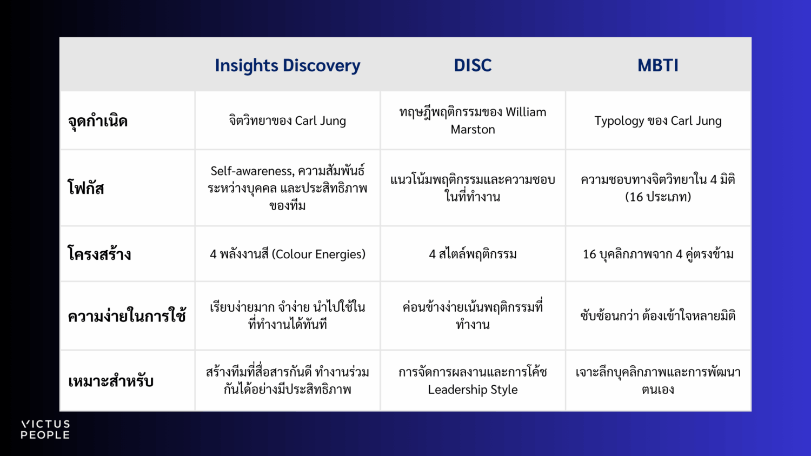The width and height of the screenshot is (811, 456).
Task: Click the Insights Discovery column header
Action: coord(288,65)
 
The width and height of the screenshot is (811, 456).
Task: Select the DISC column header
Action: coord(473,65)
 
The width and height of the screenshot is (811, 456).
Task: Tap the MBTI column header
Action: coord(658,65)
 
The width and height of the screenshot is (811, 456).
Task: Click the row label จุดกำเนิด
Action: coord(98,121)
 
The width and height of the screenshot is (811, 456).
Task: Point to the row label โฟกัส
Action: coord(86,188)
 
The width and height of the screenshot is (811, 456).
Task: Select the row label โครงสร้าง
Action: coord(99,253)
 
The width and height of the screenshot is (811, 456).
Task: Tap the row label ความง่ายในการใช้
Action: coord(127,316)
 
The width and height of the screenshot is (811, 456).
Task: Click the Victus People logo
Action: coord(45,430)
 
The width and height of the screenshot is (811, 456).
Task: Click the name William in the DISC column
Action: coord(526,112)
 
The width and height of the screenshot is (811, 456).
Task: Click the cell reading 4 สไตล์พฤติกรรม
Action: coord(473,254)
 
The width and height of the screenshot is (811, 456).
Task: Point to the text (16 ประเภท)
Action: coord(658,197)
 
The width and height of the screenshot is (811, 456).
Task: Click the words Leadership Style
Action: coord(473,390)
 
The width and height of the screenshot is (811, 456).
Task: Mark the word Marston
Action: coord(473,130)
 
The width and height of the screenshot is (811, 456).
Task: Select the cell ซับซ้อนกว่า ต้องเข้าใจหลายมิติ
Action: coord(658,316)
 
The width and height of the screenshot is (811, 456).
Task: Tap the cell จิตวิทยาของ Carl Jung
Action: coord(288,121)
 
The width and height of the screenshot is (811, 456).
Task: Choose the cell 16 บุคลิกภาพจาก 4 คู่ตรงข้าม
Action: coord(658,254)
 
